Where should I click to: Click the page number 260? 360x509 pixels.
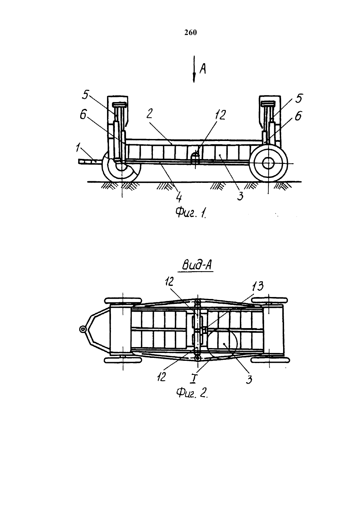tap(190, 33)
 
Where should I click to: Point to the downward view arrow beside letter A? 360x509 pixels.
tap(194, 69)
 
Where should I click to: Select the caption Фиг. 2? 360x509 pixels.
tap(192, 393)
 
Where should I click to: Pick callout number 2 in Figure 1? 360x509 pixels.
tap(149, 114)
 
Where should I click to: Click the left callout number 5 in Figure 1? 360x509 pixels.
tap(85, 95)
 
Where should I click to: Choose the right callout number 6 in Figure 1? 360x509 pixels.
tap(298, 116)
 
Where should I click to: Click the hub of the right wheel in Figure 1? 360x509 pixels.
tap(268, 163)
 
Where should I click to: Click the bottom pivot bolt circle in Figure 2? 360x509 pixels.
tap(197, 358)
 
